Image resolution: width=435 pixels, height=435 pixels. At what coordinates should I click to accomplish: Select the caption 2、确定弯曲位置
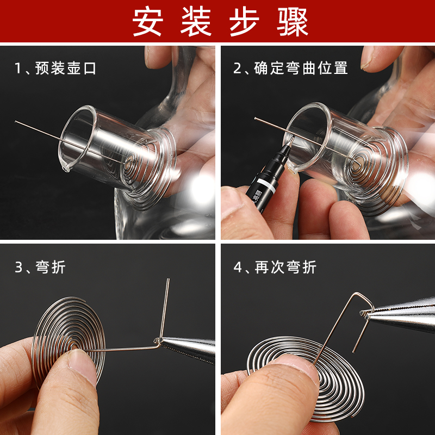click(290, 68)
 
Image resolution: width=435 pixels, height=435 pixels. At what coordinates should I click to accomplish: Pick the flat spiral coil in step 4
click(304, 375)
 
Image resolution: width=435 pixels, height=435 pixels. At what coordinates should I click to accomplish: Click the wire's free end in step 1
click(16, 122)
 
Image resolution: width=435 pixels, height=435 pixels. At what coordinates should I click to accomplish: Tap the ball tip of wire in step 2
click(256, 119)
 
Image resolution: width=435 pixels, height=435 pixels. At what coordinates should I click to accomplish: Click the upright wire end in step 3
click(168, 282)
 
